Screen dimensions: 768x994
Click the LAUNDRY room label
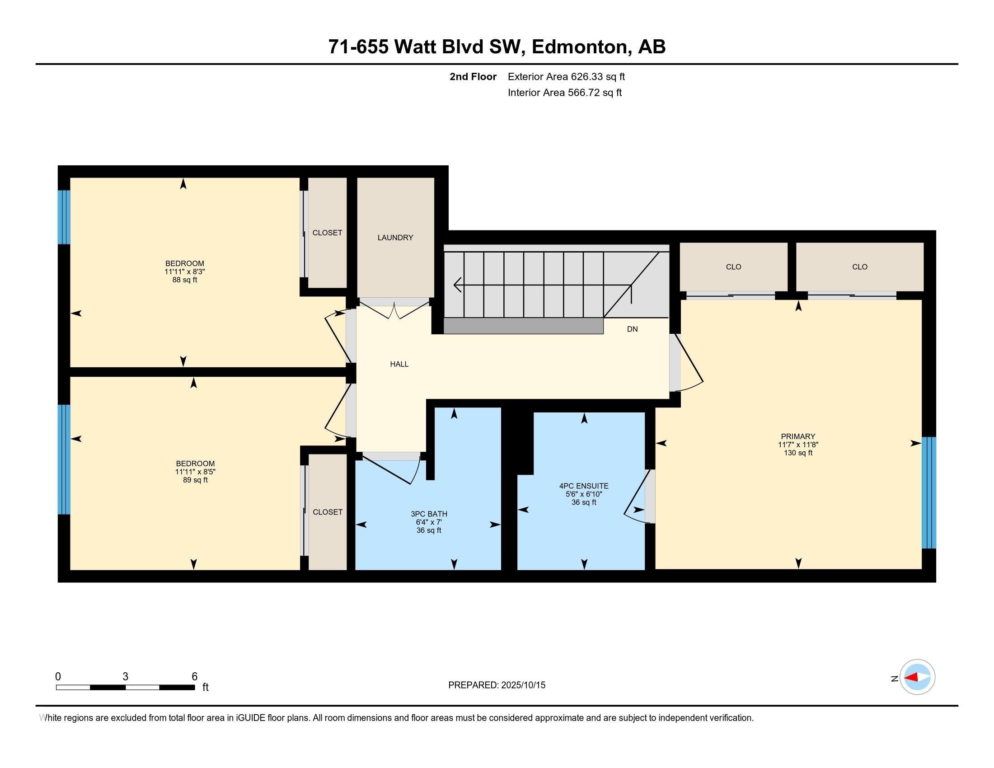click(395, 238)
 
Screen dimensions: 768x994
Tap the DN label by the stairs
click(632, 329)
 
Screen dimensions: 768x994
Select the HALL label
click(399, 364)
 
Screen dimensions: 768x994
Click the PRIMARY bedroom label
click(798, 436)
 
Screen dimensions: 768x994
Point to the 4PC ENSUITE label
click(584, 486)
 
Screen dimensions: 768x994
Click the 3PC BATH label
click(429, 514)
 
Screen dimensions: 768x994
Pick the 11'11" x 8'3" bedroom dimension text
click(185, 272)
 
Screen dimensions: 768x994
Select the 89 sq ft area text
click(195, 480)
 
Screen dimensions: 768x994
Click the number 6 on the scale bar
click(194, 677)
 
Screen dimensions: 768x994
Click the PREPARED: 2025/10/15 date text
click(497, 685)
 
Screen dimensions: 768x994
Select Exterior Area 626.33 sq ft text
click(566, 77)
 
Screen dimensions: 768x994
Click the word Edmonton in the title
click(579, 47)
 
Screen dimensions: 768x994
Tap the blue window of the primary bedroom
click(928, 492)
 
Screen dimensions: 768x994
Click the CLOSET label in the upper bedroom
click(327, 233)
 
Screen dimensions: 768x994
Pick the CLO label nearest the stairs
click(733, 267)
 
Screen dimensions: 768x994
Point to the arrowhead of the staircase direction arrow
click(456, 285)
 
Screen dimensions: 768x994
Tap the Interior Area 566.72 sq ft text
click(564, 93)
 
